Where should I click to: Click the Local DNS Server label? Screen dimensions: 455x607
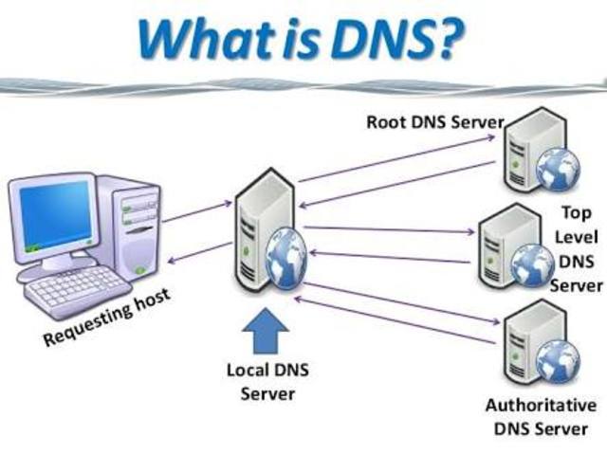[x=262, y=379]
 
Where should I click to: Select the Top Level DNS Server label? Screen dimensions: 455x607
[x=576, y=249]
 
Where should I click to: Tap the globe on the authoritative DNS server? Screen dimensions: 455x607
[x=557, y=359]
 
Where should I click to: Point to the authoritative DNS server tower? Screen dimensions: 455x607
[x=522, y=341]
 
